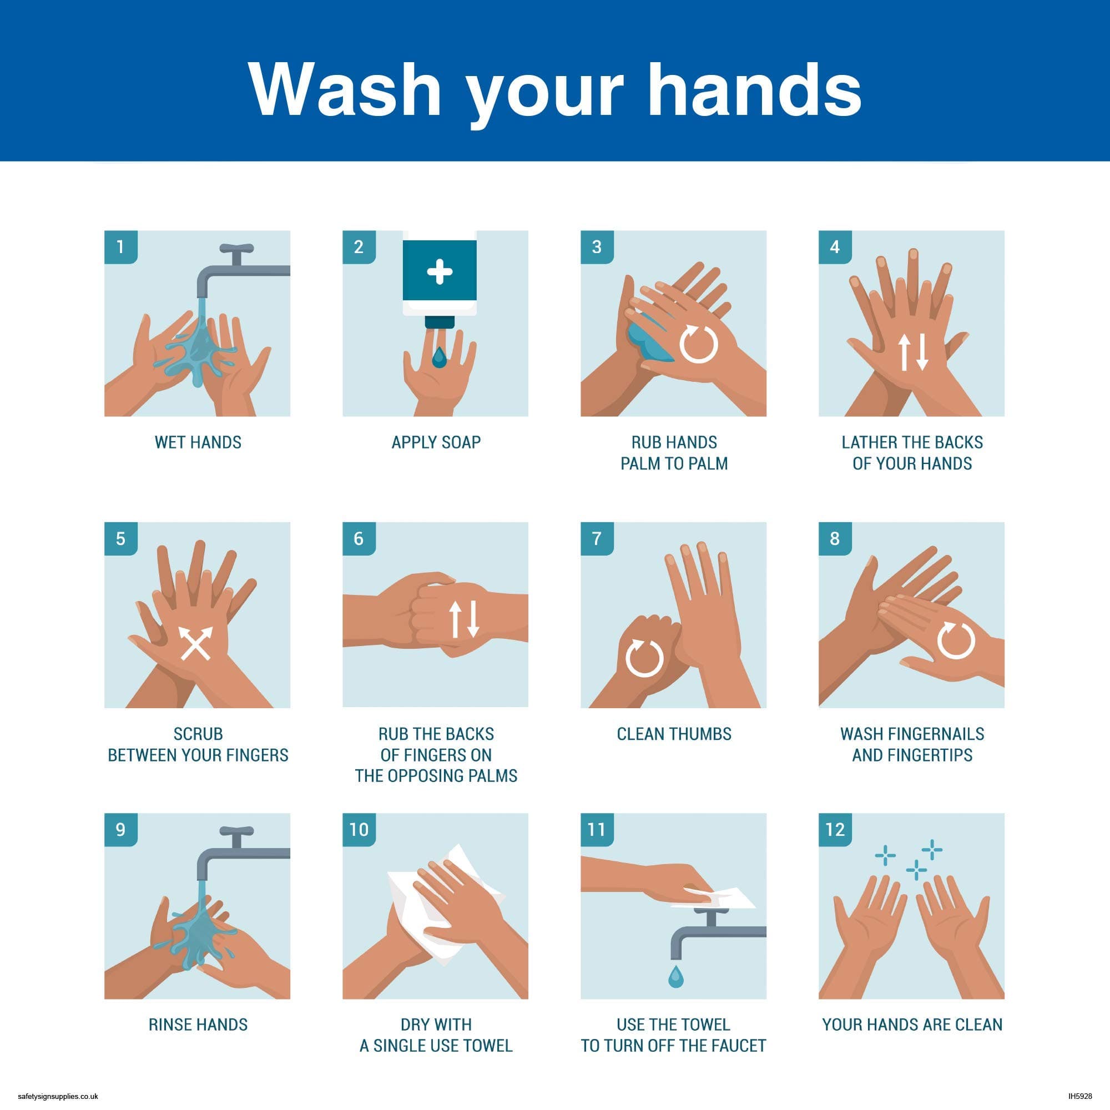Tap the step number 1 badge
click(120, 247)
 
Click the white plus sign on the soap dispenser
click(440, 271)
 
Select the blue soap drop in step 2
click(440, 357)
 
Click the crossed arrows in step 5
click(195, 642)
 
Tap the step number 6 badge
click(359, 538)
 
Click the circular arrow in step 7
click(644, 658)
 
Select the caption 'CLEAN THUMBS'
click(674, 734)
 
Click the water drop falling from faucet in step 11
click(676, 976)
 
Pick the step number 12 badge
click(835, 830)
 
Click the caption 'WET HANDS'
click(198, 442)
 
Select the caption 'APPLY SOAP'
click(436, 442)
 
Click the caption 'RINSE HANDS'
click(198, 1025)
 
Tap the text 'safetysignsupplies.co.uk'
click(58, 1096)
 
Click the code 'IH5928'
click(1080, 1096)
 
